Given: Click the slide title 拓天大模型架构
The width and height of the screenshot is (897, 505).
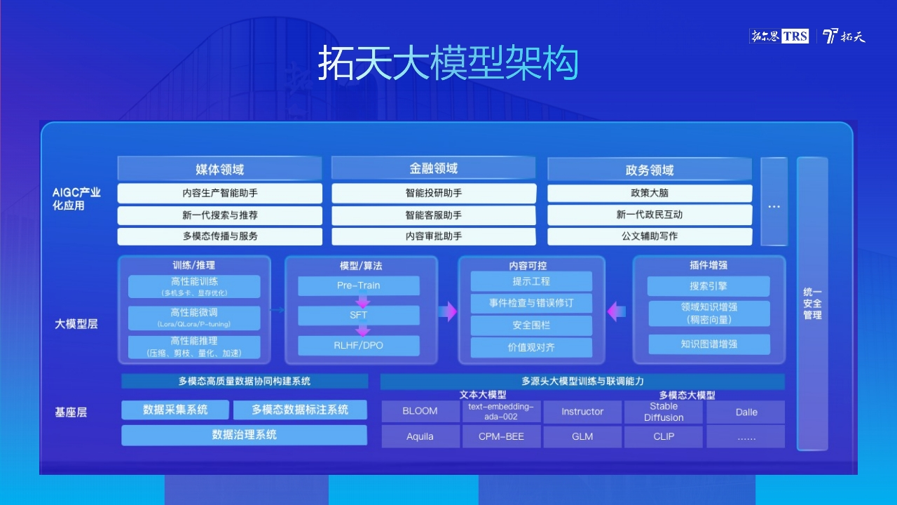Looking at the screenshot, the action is [x=448, y=63].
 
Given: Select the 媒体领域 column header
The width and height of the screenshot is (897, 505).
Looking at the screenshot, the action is [x=219, y=169].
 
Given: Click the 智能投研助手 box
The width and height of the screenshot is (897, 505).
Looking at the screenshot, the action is [x=434, y=193].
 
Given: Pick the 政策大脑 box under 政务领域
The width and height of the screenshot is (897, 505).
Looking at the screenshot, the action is [x=650, y=193].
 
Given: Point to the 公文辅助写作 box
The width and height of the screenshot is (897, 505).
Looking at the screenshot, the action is [x=650, y=236].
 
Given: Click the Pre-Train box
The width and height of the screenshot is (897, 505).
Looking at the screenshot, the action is [x=358, y=285].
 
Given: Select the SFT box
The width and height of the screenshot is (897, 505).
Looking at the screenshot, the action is [x=358, y=315].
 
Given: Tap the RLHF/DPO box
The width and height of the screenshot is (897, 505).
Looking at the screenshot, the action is [x=358, y=346].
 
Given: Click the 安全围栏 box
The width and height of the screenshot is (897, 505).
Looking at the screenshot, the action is [x=531, y=325].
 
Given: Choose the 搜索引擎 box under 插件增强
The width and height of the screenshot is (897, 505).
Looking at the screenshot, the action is [x=708, y=286].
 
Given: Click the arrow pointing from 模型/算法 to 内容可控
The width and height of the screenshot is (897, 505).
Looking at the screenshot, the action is [x=448, y=311].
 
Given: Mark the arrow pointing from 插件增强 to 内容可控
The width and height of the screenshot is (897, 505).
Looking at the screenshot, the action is [x=616, y=311].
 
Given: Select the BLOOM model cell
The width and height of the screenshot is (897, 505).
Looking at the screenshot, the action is [x=420, y=411].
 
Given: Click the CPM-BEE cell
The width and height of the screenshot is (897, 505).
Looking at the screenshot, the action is [x=501, y=436].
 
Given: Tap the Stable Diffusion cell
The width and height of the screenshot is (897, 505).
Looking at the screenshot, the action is [x=664, y=412].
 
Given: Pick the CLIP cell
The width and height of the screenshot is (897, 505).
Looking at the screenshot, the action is [x=664, y=436].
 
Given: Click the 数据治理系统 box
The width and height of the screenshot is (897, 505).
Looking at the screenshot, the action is [x=245, y=435].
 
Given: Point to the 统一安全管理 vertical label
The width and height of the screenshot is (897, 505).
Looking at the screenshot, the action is [x=812, y=304].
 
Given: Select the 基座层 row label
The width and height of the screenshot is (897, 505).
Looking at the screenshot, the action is [x=71, y=412].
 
